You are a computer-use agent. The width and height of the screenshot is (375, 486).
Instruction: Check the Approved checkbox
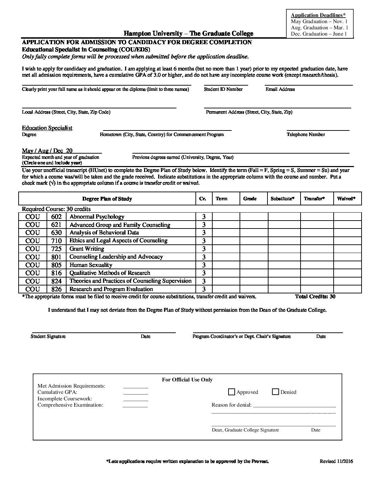(232, 392)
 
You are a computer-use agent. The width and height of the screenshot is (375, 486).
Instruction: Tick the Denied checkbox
(275, 392)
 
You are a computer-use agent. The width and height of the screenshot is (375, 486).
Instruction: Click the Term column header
(221, 199)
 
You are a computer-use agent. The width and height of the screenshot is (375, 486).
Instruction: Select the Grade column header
(250, 199)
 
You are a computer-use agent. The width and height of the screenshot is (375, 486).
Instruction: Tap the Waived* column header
(346, 199)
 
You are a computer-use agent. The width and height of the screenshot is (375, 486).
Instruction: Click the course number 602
(56, 217)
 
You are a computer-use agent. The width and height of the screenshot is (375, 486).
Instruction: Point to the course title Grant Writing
(87, 249)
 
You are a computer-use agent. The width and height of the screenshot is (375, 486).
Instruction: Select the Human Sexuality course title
(91, 265)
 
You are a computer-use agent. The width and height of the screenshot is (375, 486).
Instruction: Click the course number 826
(56, 289)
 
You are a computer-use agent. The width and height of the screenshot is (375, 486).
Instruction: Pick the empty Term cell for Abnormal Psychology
(226, 217)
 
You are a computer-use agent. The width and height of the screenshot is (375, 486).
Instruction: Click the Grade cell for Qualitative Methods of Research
(254, 273)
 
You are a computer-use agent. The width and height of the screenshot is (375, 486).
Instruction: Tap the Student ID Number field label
(223, 89)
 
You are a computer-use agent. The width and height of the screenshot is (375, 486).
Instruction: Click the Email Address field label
(280, 89)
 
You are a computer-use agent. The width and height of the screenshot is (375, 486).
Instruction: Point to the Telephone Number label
(306, 135)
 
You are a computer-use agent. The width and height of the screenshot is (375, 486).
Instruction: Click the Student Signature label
(48, 337)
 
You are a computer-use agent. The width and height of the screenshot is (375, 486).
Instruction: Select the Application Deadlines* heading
(318, 15)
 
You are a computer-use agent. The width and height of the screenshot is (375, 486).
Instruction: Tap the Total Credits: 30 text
(315, 297)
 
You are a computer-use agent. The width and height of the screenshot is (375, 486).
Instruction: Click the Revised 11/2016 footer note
(336, 461)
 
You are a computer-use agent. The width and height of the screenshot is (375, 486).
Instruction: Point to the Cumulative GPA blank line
(135, 394)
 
